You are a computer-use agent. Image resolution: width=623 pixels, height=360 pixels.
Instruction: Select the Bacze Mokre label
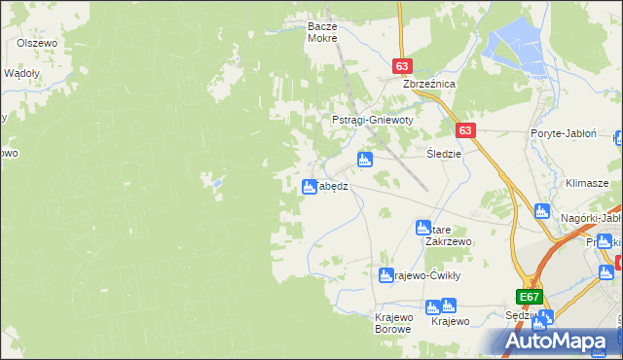coord(321,31)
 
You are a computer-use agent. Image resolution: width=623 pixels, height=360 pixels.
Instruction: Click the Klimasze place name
coord(587,183)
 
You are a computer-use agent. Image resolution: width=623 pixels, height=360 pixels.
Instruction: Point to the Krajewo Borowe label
coord(394,322)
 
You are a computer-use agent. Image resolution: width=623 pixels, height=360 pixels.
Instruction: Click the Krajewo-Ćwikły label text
coord(427,275)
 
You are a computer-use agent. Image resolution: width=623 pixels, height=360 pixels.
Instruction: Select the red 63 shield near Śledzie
coord(465,130)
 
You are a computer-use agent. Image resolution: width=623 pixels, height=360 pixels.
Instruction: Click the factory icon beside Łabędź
coord(309,187)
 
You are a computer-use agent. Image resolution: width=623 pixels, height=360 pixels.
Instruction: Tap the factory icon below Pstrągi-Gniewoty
coord(365,159)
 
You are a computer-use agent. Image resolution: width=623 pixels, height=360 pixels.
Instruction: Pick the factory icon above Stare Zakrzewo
coord(422,227)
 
